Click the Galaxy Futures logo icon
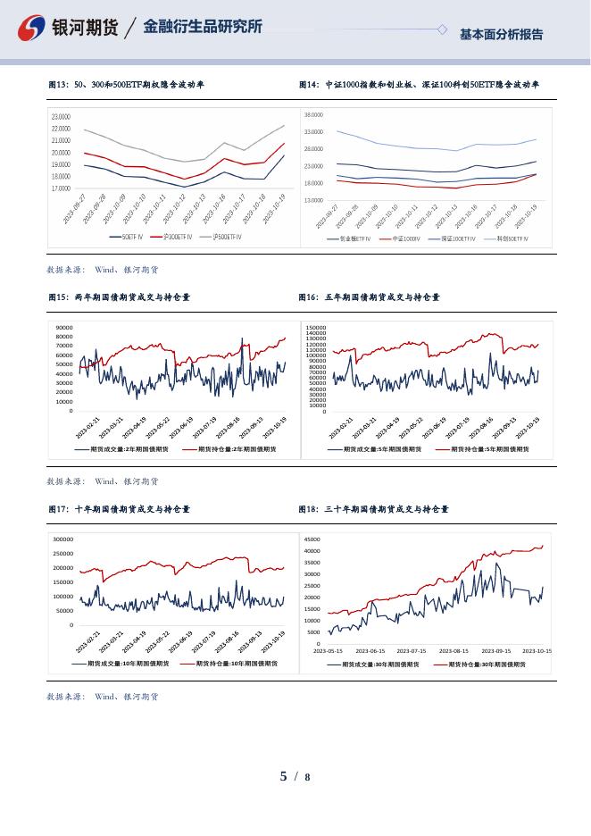(x=32, y=29)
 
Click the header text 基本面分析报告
(x=501, y=35)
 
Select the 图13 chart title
(x=126, y=85)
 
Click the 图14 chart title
(x=419, y=85)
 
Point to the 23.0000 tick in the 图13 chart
(x=61, y=117)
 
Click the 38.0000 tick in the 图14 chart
(x=313, y=115)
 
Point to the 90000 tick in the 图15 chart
(x=63, y=328)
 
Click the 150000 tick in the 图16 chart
(x=316, y=328)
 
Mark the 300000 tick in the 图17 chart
(x=62, y=539)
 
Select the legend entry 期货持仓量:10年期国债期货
(x=235, y=664)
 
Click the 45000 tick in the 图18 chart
(x=312, y=539)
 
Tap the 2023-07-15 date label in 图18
(x=412, y=651)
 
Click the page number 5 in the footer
(x=284, y=776)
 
